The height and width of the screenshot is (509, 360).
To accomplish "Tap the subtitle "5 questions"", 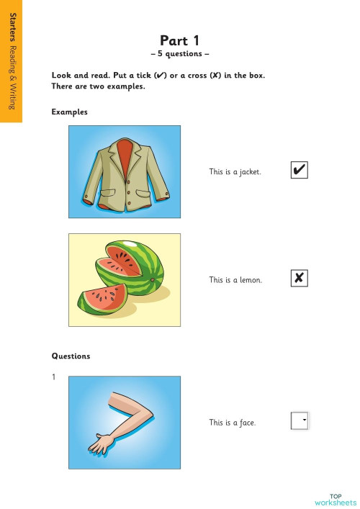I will point(180,54).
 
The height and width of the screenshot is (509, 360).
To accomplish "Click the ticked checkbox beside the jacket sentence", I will point(299,171).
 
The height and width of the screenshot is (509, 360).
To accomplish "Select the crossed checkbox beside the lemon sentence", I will point(299,279).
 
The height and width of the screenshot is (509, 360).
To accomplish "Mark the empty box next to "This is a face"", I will point(299,420).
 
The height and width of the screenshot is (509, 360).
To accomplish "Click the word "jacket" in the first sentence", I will point(249,172).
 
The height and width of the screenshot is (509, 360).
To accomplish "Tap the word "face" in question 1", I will point(247,423).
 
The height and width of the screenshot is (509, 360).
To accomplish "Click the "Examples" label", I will point(69,112).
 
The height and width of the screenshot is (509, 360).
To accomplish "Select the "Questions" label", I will point(71,356).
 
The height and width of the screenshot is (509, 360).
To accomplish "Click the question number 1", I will point(53,377).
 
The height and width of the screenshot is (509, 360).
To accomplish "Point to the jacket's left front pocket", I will point(105,193).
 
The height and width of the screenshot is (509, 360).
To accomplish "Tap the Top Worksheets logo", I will point(336,498).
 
